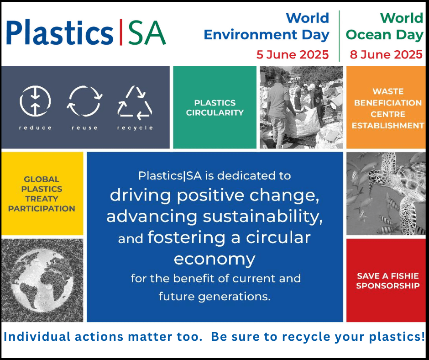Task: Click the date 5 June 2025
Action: pos(293,54)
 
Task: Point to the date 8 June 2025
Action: pos(386,54)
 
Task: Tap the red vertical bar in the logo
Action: pos(121,32)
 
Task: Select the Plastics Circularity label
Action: pos(215,108)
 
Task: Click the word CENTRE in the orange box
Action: pos(388,114)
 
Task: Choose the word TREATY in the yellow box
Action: pos(42,199)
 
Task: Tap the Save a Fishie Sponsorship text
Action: pos(387,281)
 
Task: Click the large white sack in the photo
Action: pos(302,122)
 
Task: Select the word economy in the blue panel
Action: pos(214,259)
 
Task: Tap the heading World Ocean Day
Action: pos(384,26)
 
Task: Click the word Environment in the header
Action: pos(251,35)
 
